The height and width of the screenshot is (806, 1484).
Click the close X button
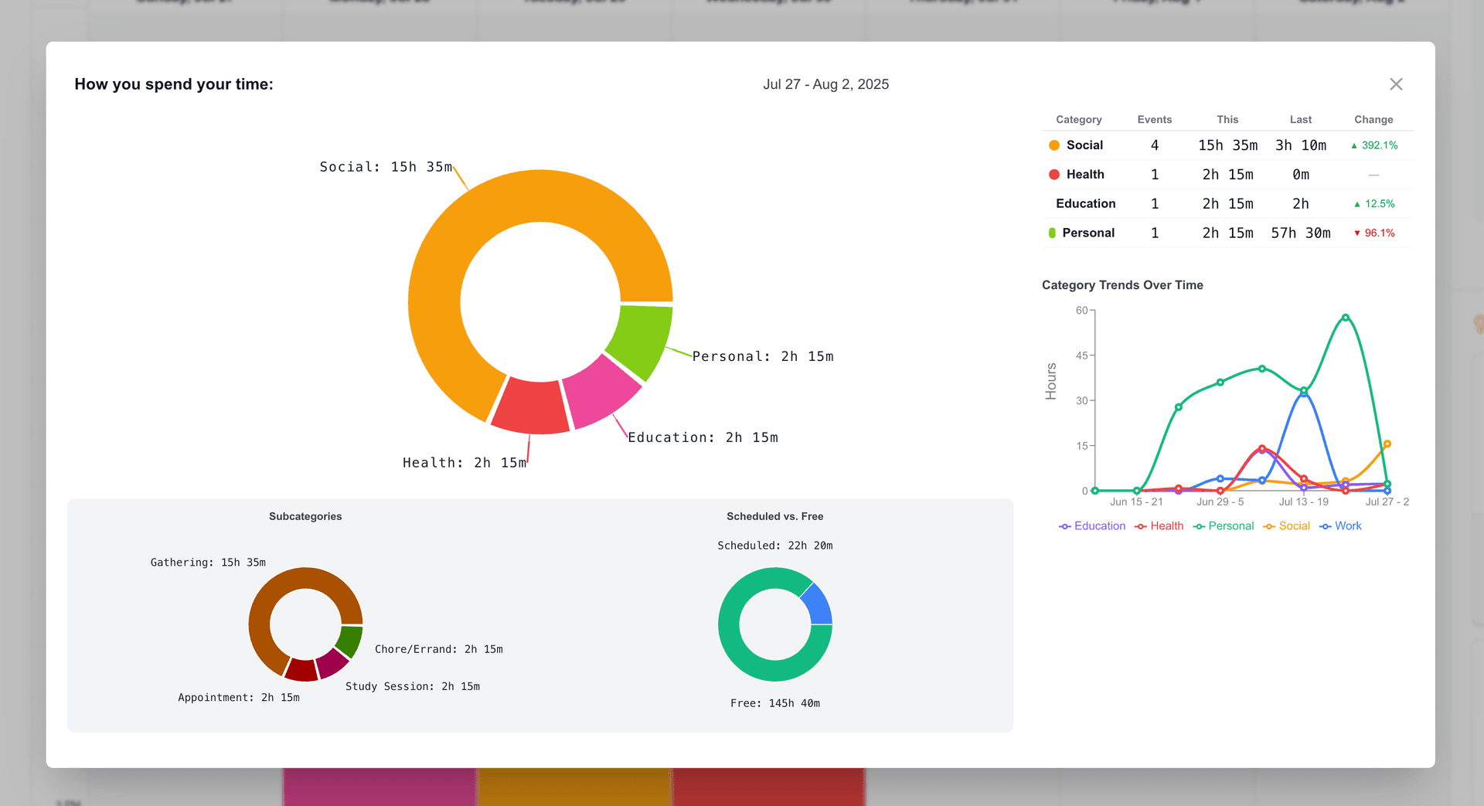pos(1395,84)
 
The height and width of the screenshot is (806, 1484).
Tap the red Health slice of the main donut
pos(530,406)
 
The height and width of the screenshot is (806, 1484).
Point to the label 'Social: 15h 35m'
pos(385,167)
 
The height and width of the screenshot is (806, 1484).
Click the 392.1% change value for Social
pos(1379,145)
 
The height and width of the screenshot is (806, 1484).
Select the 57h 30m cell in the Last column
pos(1300,233)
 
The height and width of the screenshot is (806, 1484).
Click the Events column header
pos(1154,120)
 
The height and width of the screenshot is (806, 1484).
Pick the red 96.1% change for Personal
pos(1379,233)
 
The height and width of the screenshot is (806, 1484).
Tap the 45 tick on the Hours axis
pos(1081,355)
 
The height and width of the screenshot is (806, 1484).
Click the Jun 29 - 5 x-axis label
pos(1220,502)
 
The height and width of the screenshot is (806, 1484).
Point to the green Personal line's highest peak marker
pos(1346,318)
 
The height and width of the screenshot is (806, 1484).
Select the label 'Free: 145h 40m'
pos(774,703)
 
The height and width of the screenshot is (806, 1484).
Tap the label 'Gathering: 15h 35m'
pos(208,563)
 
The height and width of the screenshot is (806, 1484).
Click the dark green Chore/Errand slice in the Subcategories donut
pos(350,641)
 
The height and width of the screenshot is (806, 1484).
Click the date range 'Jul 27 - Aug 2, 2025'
pos(825,84)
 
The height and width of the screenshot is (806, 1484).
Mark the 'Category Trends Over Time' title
pos(1122,285)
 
